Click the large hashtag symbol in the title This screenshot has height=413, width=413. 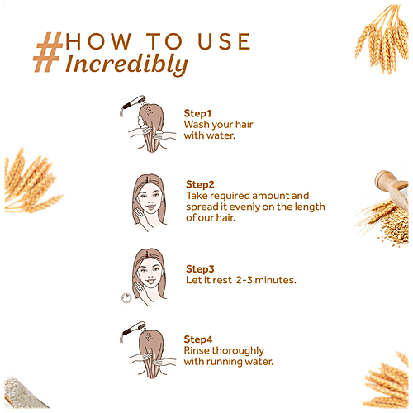point(47,52)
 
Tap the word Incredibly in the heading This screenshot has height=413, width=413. point(126,64)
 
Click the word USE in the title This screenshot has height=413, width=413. point(224,41)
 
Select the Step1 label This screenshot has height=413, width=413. point(197,113)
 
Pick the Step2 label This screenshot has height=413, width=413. point(200,184)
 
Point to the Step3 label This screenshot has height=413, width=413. point(200,269)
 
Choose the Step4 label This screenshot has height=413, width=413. point(198,339)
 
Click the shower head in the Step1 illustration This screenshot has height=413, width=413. point(133,103)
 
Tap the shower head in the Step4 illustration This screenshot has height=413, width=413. point(133,329)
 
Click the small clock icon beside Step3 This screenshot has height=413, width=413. point(126,298)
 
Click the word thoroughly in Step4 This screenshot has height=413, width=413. point(238,351)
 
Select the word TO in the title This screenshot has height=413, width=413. point(164,41)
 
